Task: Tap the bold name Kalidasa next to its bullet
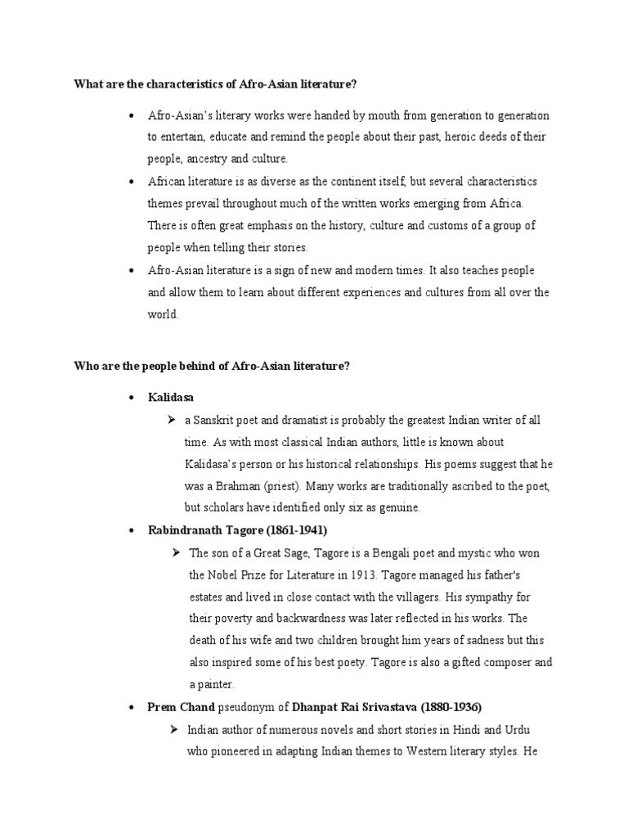pos(171,398)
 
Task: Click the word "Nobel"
pos(224,574)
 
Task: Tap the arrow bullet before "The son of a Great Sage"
pos(175,553)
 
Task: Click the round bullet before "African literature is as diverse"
pos(132,181)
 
